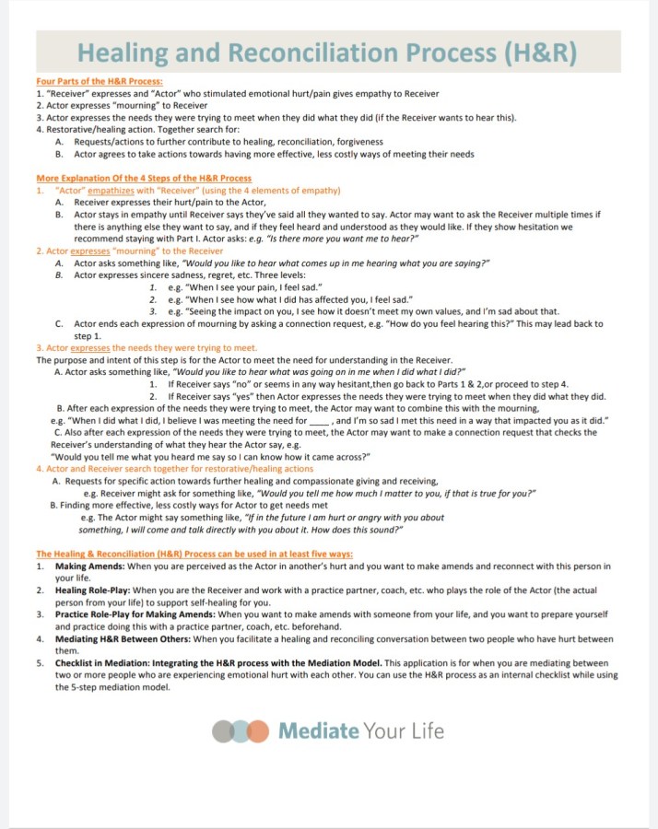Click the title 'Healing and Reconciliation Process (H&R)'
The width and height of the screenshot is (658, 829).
coord(327,53)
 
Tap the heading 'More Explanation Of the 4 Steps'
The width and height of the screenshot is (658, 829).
coord(143,178)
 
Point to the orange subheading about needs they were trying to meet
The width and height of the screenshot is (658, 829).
coord(146,348)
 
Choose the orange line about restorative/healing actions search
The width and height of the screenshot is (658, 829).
coord(174,469)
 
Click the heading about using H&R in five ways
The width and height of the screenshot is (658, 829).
coord(194,554)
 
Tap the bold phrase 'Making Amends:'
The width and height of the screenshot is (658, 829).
coord(89,566)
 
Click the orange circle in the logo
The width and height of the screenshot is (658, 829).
coord(259,731)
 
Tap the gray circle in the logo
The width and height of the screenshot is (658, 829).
coord(222,731)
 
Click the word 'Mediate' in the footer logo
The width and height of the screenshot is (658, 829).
coord(318,731)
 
